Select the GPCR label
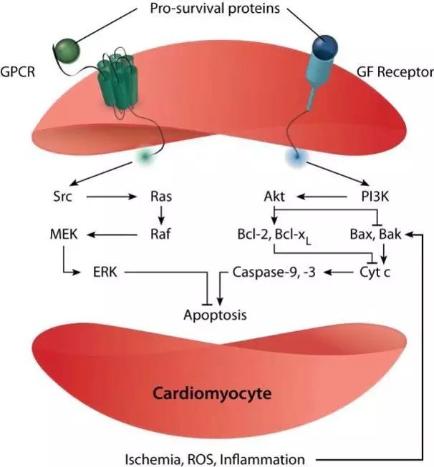(x=23, y=72)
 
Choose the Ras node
(x=160, y=195)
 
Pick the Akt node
(x=276, y=195)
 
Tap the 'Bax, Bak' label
(x=380, y=234)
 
